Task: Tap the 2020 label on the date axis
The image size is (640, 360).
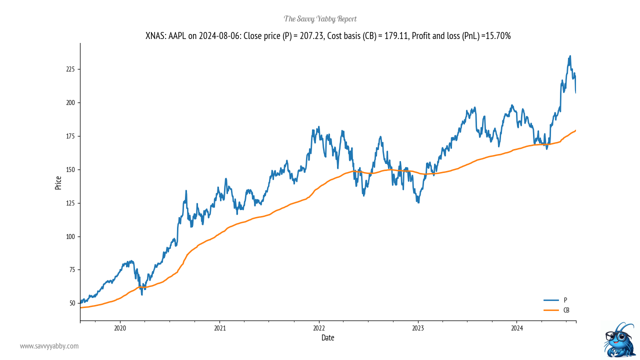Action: pos(120,328)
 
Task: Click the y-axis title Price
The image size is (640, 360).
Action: pos(58,182)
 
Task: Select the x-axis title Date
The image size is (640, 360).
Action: pos(328,338)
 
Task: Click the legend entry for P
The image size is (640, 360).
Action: pos(565,300)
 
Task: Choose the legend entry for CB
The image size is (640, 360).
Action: pos(566,310)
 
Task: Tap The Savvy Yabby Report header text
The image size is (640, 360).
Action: pos(320,19)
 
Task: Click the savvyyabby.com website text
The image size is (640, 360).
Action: pos(49,346)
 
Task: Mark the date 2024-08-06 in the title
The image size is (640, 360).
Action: pos(219,36)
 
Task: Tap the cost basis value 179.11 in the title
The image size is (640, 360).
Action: pos(395,36)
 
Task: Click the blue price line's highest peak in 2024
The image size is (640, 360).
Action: pos(570,56)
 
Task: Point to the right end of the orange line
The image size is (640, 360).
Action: pos(575,130)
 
